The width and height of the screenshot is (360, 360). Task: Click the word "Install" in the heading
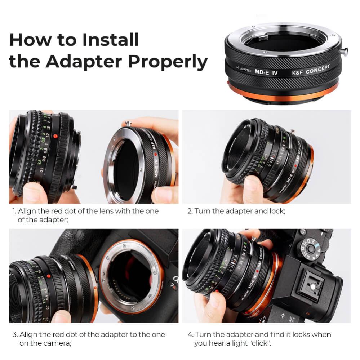tap(110, 40)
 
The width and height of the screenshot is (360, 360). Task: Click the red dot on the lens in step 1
tap(55, 137)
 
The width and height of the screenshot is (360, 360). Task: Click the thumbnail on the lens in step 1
tap(34, 193)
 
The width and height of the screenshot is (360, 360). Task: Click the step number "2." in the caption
tap(190, 211)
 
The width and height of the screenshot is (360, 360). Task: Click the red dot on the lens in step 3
tap(48, 276)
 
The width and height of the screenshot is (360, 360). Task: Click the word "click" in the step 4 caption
tap(259, 343)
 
